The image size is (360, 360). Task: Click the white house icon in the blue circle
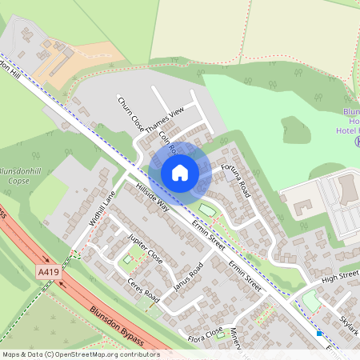coord(180,172)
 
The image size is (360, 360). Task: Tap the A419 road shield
coord(48,273)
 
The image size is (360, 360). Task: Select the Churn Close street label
coord(129,114)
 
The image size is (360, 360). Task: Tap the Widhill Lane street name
coord(103,208)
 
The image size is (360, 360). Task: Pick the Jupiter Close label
coord(145,250)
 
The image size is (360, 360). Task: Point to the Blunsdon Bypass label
coord(117,326)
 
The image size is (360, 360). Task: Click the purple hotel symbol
coord(357,141)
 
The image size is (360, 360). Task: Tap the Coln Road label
coord(167,146)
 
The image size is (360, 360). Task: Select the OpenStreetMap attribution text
coord(80,354)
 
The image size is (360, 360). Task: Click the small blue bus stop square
coord(319,332)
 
